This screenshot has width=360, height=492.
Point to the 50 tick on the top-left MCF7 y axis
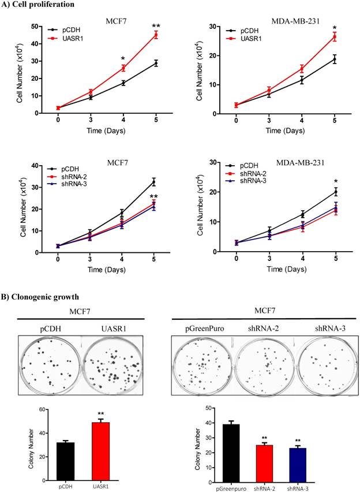[41, 27]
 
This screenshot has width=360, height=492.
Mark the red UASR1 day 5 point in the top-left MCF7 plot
[155, 35]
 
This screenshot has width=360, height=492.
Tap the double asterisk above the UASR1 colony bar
[102, 413]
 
